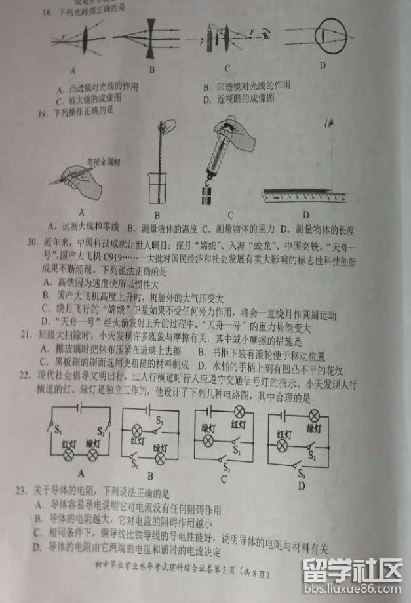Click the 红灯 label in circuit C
tap(240, 423)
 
